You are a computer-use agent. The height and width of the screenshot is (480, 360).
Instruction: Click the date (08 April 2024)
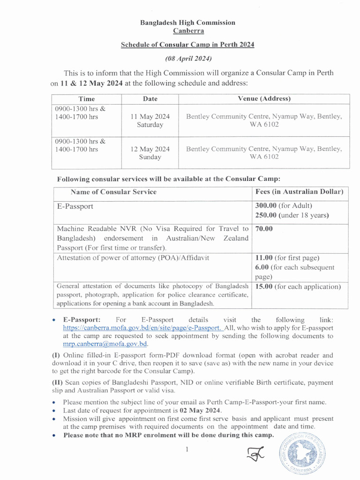(x=188, y=59)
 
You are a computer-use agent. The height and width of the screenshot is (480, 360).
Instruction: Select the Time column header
(x=87, y=99)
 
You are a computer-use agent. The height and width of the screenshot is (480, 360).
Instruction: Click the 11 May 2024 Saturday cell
(x=150, y=120)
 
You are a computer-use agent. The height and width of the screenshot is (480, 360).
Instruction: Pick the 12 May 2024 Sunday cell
(x=150, y=153)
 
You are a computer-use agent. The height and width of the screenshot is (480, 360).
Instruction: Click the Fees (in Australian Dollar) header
(x=299, y=192)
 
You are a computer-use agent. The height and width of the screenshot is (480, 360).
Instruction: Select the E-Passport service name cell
(x=75, y=206)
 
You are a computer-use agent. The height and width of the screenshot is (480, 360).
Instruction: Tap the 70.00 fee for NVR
(x=264, y=229)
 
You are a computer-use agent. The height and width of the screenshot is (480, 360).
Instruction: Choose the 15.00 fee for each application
(x=265, y=286)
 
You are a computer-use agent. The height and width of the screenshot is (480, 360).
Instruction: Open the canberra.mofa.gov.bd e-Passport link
(x=142, y=328)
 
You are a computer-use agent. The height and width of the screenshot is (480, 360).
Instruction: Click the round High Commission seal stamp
(x=303, y=455)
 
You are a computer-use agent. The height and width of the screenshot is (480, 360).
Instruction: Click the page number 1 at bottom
(x=187, y=450)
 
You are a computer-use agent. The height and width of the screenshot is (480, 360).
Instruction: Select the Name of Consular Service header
(x=113, y=192)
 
